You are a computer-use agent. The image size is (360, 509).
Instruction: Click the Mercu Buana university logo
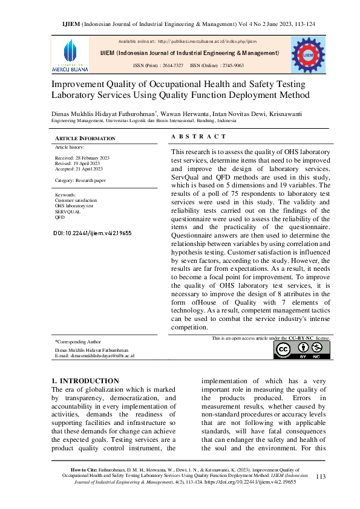pos(70,54)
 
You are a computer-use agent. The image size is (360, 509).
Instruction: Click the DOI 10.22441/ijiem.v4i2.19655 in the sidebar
pos(93,233)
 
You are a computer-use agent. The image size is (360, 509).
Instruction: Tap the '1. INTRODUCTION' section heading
pos(85,381)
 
